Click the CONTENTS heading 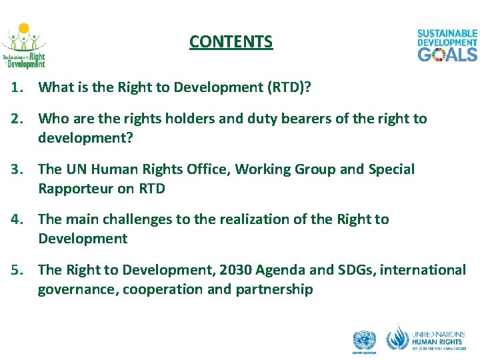(x=231, y=42)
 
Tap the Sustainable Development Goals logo (x=447, y=45)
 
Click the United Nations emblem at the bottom (x=364, y=342)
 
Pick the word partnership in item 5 (x=274, y=289)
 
